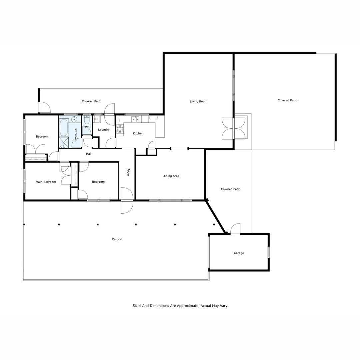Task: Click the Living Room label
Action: pyautogui.click(x=198, y=101)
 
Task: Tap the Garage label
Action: pyautogui.click(x=239, y=253)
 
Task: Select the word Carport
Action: pyautogui.click(x=117, y=239)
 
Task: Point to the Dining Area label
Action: pyautogui.click(x=171, y=176)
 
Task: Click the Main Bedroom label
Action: pyautogui.click(x=46, y=182)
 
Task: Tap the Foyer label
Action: pyautogui.click(x=128, y=172)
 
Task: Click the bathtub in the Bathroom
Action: pyautogui.click(x=64, y=128)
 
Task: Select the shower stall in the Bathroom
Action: pyautogui.click(x=64, y=143)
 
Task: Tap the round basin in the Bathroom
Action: pyautogui.click(x=75, y=119)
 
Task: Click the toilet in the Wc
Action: pyautogui.click(x=86, y=120)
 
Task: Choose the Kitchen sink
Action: pyautogui.click(x=135, y=119)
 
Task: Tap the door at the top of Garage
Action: pyautogui.click(x=235, y=229)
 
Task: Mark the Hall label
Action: pyautogui.click(x=89, y=154)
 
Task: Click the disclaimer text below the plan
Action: pyautogui.click(x=180, y=306)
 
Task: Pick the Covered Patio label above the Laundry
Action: pyautogui.click(x=91, y=101)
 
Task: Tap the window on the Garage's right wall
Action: pyautogui.click(x=269, y=252)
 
